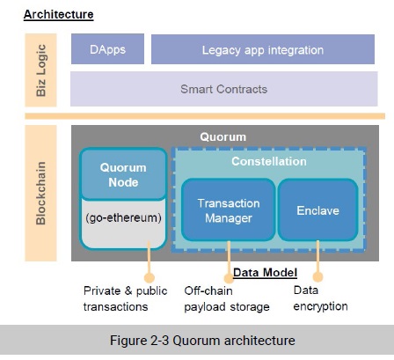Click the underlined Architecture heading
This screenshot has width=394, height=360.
59,14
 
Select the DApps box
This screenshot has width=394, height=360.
107,49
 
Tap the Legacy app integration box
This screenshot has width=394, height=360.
263,49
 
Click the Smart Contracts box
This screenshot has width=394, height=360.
224,89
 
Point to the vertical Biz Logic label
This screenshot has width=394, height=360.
41,70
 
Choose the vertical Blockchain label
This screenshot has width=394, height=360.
41,193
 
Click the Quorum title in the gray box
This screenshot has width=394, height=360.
223,137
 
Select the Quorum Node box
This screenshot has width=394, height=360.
123,174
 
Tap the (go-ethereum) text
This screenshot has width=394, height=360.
123,218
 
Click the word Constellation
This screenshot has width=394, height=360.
269,161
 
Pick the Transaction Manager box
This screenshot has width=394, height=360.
229,210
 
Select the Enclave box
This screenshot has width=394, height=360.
317,210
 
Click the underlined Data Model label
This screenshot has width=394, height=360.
265,273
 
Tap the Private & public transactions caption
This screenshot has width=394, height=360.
125,298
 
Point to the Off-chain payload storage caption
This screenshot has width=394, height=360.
227,298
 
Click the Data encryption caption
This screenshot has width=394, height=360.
320,298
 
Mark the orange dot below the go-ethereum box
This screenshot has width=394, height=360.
150,277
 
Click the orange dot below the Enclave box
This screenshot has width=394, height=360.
317,276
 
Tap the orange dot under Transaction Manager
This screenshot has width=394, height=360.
229,278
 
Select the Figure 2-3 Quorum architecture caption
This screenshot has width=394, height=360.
202,341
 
